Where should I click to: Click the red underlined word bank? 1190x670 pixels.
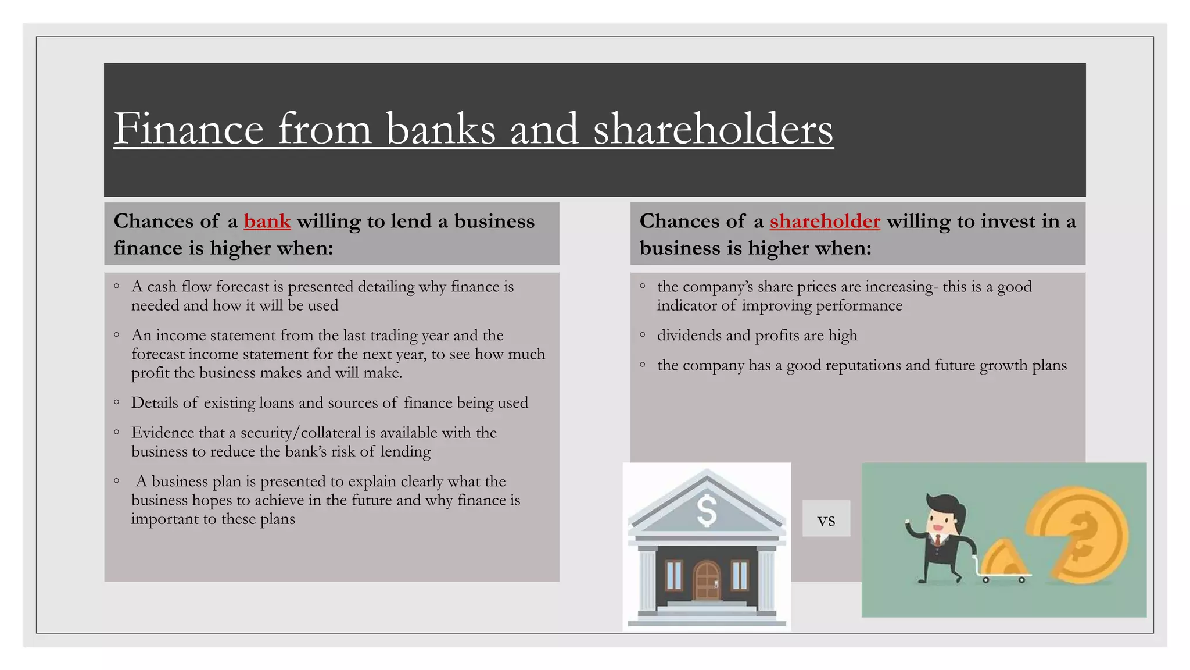tap(267, 222)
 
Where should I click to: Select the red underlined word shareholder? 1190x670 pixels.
tap(825, 222)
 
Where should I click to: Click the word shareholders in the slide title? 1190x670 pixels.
tap(713, 129)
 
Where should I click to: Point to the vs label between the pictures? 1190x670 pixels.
tap(826, 519)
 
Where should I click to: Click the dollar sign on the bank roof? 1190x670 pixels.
tap(707, 510)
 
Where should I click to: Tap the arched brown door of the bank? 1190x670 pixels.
tap(707, 580)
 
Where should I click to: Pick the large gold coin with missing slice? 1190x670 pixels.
tap(1081, 535)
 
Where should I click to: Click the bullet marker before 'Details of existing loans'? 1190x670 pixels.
tap(117, 402)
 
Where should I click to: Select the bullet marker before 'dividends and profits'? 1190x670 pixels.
tap(643, 334)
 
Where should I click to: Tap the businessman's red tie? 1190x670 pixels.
tap(938, 540)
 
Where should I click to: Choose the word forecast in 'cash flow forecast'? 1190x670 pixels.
tap(239, 287)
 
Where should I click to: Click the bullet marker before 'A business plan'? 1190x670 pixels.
tap(117, 480)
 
